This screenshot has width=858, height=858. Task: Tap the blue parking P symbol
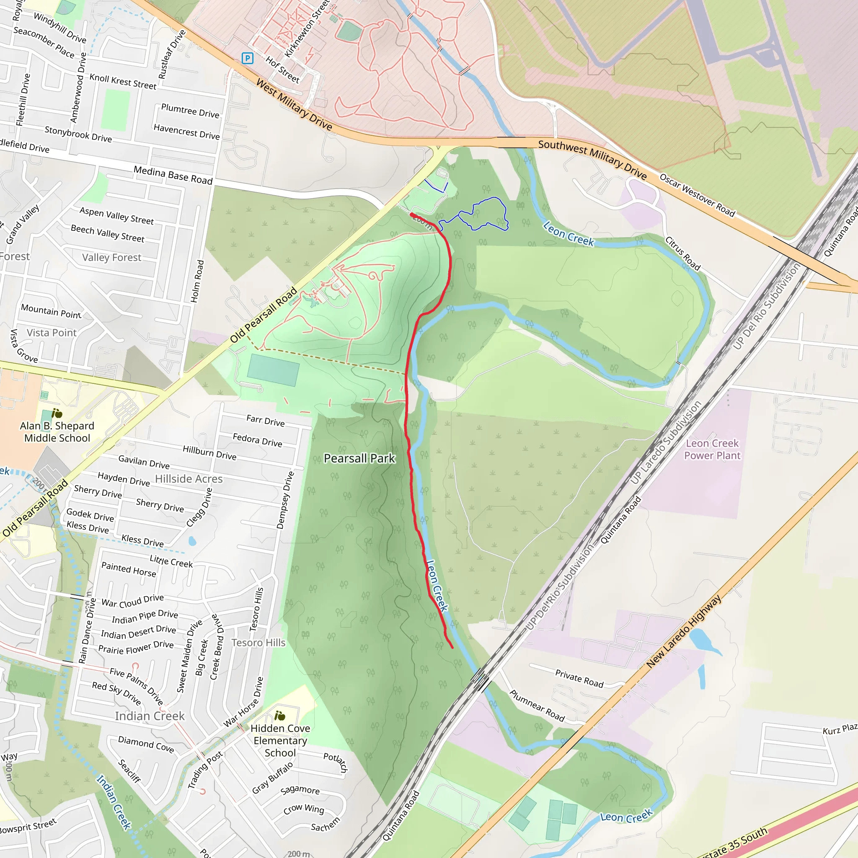coord(247,58)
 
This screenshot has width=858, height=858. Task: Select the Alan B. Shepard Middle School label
coord(57,432)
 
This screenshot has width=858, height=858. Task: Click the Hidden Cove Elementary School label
coord(280,740)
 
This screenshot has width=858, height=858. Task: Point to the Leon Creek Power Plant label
coord(712,449)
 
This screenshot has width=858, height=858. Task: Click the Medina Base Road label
coord(173,175)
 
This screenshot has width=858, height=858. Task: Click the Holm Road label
coord(197,281)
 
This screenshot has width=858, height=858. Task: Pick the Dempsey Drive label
coord(285,500)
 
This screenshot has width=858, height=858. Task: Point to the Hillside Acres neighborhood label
coord(189,479)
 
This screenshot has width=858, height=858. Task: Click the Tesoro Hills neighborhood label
coord(258,643)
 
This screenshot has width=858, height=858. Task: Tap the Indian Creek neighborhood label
coord(150,716)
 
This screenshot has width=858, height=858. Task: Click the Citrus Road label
coord(682,253)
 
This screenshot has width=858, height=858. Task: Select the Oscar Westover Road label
coord(697,195)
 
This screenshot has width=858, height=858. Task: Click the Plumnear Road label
coord(537,706)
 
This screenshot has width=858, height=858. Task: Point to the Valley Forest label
coord(111,258)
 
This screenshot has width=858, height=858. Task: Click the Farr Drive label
coord(265,420)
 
